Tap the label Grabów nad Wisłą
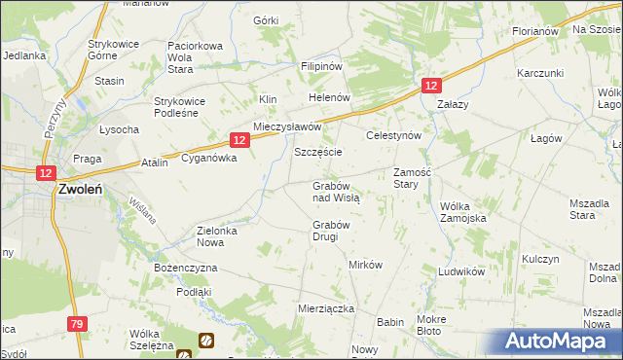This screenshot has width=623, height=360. pyautogui.click(x=336, y=191)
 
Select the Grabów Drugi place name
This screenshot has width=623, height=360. pyautogui.click(x=331, y=231)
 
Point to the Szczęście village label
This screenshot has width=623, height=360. pyautogui.click(x=317, y=154)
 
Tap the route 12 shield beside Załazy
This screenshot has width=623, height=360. pyautogui.click(x=432, y=87)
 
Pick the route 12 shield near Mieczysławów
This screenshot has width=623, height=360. pyautogui.click(x=239, y=140)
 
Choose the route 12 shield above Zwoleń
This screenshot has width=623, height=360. pyautogui.click(x=45, y=172)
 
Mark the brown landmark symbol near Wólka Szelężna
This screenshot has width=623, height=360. pyautogui.click(x=206, y=340)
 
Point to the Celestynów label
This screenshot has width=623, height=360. pyautogui.click(x=393, y=136)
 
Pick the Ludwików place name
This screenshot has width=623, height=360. pyautogui.click(x=461, y=272)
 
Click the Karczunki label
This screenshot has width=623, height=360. pyautogui.click(x=541, y=74)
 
